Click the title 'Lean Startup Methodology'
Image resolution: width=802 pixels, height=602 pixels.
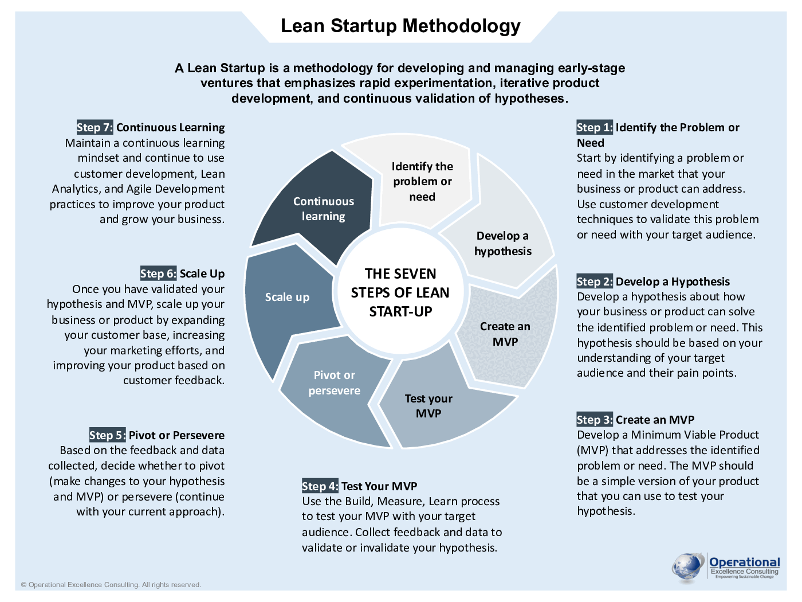(400, 26)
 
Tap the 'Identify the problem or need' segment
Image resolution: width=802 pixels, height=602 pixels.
(422, 181)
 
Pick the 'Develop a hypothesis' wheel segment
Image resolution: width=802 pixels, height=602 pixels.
(502, 243)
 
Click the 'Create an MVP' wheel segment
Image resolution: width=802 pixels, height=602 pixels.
(505, 334)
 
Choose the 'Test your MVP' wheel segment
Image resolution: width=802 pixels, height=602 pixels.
(428, 406)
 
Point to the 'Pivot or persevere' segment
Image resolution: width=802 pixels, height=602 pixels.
(334, 383)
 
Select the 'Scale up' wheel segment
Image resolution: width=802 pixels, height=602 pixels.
(287, 297)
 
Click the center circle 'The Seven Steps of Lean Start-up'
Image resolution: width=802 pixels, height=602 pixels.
(400, 292)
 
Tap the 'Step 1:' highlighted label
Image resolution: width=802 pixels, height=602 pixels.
(595, 127)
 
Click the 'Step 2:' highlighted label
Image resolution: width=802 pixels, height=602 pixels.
(595, 282)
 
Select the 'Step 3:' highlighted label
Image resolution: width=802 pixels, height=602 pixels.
(595, 420)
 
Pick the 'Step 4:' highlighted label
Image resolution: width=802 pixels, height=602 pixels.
(320, 486)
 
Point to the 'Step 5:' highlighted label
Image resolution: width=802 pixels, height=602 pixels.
(107, 435)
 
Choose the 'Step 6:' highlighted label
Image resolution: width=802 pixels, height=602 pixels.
(158, 273)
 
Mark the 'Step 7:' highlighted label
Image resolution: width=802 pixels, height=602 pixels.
(95, 127)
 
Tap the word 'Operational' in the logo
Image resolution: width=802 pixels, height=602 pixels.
(744, 562)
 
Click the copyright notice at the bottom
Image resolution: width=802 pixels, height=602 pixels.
(111, 585)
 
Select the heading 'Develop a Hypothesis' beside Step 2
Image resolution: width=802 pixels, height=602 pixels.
(673, 282)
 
